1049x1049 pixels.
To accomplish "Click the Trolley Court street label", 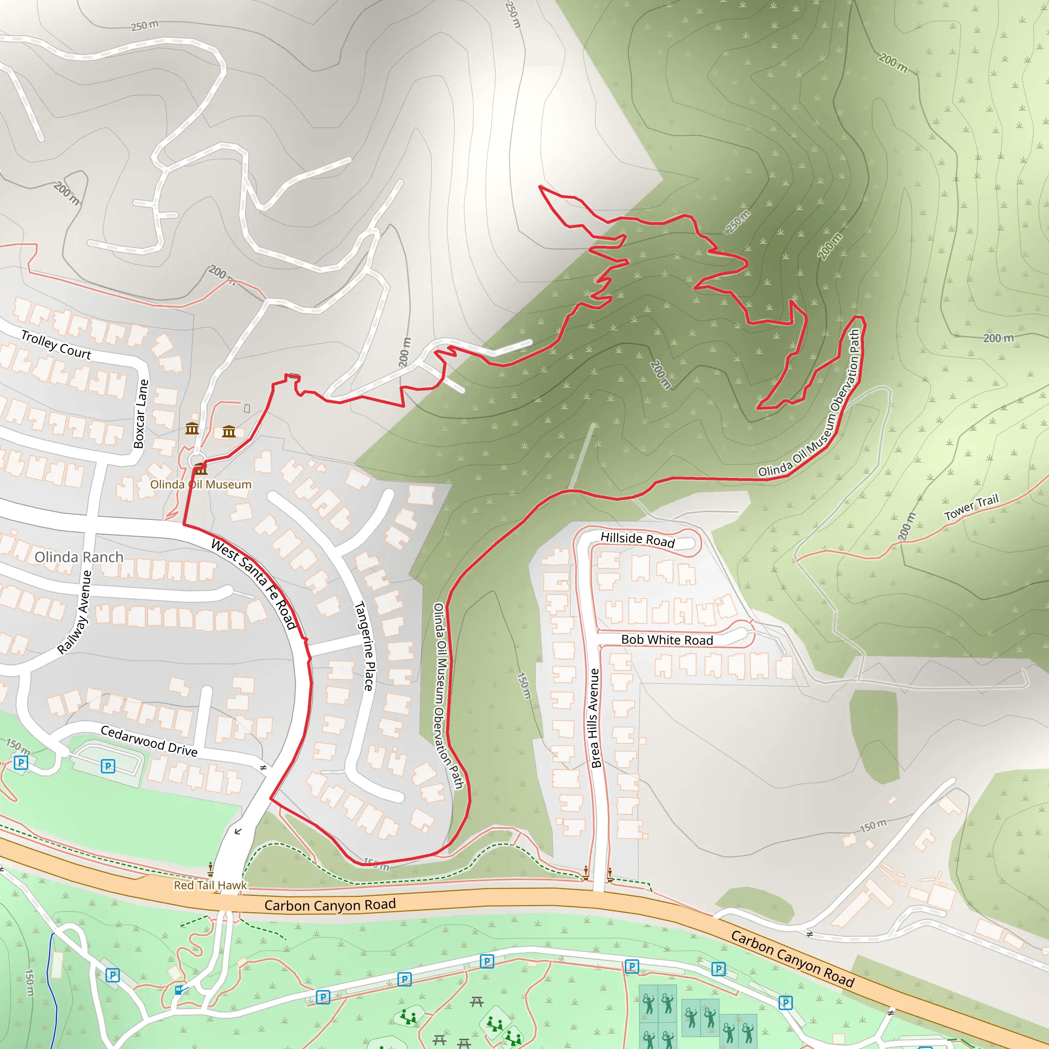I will coord(56,344).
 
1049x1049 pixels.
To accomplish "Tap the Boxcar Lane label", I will coord(141,414).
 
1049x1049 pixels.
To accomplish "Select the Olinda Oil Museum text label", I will coord(200,485).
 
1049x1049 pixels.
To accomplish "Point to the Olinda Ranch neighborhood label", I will coord(79,557).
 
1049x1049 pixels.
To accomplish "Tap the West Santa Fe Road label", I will coord(254,583).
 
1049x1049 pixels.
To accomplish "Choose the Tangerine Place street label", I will coord(364,645).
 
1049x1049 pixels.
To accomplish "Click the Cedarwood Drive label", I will coord(149,741).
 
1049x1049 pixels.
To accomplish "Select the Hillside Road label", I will coord(637,539).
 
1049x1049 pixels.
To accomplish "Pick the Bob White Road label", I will coord(667,640).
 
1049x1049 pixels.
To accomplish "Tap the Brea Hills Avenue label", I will coord(595,718).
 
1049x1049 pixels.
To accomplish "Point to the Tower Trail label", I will coord(971,508).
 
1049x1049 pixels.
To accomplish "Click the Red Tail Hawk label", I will coord(210,885).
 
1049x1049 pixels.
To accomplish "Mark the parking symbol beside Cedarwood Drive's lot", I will coord(108,766).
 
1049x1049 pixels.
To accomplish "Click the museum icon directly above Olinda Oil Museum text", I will coord(201,468).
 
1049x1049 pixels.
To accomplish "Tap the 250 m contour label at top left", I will coord(144,25).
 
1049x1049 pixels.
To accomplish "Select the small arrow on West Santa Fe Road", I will coord(238,831).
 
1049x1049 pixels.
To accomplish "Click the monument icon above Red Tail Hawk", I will coord(210,869).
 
